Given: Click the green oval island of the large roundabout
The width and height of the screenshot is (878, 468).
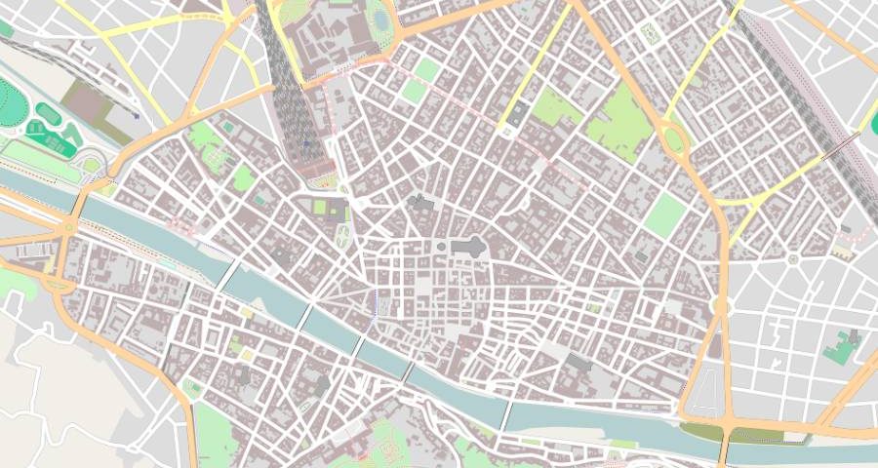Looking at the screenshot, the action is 674,139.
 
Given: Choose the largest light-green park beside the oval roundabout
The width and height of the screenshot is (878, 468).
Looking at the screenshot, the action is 619,122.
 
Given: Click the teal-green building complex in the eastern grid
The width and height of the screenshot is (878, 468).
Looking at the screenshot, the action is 839,347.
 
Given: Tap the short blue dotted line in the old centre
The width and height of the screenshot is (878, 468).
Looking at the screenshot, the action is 376,302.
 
